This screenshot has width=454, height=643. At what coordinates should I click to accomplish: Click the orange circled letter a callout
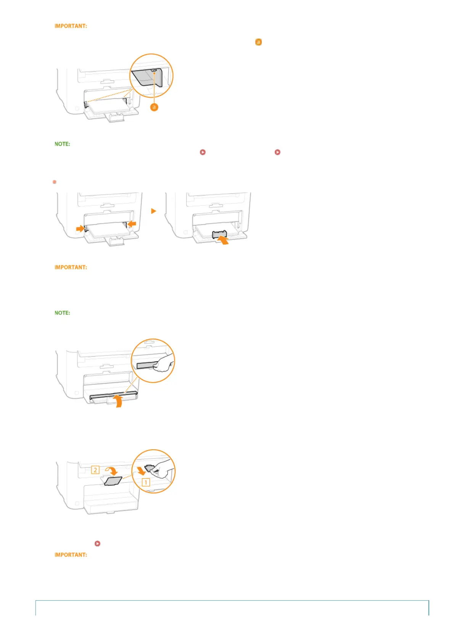(154, 107)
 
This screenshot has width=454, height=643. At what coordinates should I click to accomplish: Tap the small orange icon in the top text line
(258, 42)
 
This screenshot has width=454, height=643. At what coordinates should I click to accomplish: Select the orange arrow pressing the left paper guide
(80, 228)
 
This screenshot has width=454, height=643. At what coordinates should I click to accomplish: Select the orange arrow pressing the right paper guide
(132, 224)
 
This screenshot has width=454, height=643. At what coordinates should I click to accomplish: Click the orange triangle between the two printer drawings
(153, 211)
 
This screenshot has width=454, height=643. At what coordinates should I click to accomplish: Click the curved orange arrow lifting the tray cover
(119, 401)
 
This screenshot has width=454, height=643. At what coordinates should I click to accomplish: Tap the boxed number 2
(95, 470)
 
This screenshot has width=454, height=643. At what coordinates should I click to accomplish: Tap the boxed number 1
(146, 482)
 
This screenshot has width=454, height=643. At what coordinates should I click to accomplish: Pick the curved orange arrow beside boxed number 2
(111, 470)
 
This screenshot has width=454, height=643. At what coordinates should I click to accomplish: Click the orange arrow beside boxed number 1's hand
(141, 470)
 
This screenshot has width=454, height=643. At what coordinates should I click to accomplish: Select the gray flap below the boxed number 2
(113, 481)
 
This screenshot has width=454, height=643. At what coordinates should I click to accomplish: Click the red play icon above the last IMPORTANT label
(97, 543)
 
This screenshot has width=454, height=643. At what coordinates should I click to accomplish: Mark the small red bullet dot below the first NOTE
(55, 182)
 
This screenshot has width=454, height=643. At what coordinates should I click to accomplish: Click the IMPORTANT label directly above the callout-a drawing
(71, 26)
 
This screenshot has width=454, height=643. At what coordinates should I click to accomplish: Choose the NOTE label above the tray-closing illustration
(63, 313)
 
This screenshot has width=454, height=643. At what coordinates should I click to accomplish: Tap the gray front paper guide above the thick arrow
(219, 234)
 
